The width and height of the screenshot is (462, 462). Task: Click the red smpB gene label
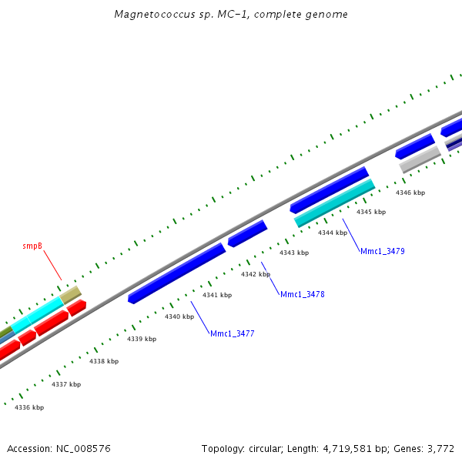(x=32, y=246)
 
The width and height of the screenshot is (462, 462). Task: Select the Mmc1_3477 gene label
(x=232, y=333)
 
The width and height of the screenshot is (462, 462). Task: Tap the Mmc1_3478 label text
(x=302, y=294)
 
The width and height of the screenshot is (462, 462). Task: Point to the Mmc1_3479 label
(x=382, y=251)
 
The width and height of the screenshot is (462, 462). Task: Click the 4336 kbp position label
(x=29, y=407)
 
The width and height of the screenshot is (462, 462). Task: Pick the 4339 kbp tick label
(x=142, y=339)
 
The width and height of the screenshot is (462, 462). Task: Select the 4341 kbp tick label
(x=217, y=295)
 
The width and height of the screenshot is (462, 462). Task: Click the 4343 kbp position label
(x=293, y=253)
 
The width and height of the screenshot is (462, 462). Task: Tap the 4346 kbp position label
(x=410, y=192)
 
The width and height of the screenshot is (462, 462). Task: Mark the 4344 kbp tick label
(x=333, y=233)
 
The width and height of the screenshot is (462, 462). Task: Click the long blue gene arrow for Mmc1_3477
(x=177, y=273)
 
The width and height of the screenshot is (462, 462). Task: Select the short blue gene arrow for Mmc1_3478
(x=247, y=233)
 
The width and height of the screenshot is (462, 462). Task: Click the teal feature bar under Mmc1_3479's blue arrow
(x=335, y=203)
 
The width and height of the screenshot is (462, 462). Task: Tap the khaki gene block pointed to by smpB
(x=71, y=294)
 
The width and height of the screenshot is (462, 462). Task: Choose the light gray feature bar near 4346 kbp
(x=420, y=159)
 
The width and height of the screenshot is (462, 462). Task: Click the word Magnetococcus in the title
(x=147, y=14)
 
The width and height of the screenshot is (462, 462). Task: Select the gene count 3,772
(x=440, y=448)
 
